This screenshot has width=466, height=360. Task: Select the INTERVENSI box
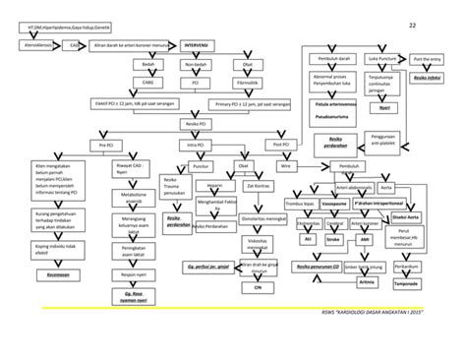(202, 44)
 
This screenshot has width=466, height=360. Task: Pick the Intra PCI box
(195, 145)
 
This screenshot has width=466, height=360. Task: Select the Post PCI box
(281, 145)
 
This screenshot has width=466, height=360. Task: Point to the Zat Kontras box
(261, 185)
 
